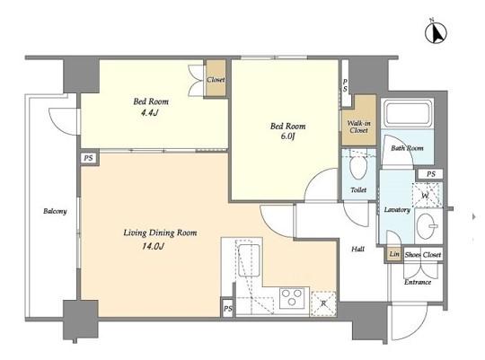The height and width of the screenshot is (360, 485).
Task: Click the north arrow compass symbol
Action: coord(436,32)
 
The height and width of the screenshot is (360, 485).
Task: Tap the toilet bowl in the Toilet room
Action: coord(358,168)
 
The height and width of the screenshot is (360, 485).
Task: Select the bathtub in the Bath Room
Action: coord(407,113)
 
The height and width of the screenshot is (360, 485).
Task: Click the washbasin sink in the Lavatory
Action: coord(428,226)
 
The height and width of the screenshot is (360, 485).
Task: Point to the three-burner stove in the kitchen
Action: coord(292,298)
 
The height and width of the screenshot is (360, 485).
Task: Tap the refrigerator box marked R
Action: coord(323,303)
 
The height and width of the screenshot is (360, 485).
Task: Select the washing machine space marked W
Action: coord(428,195)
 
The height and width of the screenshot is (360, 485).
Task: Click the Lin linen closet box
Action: coord(394,255)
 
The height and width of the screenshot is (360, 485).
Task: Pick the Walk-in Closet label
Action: coord(358,127)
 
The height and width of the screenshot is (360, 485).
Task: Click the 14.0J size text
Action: coord(152,247)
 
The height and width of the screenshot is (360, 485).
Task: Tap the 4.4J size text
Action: coord(149,113)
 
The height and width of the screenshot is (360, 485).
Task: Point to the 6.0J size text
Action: coord(287,136)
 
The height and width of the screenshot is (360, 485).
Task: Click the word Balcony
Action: coord(55,211)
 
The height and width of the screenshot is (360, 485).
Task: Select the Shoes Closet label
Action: coord(423,255)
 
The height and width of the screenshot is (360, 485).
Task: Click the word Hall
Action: coord(357,249)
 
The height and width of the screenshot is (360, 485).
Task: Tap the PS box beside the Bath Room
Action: coord(430,174)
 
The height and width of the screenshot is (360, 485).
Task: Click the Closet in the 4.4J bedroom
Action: coord(216,78)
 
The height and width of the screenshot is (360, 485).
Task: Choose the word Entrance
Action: coord(418,282)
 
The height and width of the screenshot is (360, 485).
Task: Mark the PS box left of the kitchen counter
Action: coord(227,308)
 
